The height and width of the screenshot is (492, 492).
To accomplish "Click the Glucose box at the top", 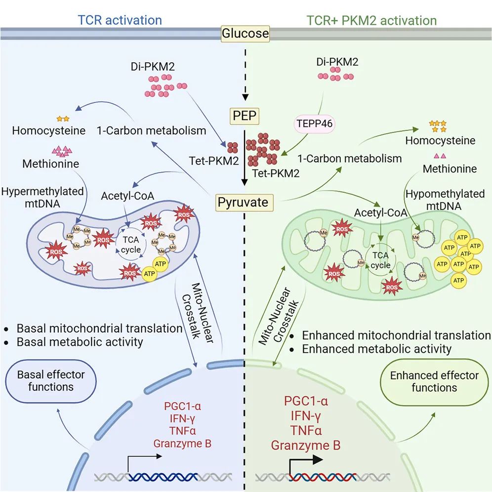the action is pyautogui.click(x=246, y=33).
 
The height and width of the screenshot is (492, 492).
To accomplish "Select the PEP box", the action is pyautogui.click(x=245, y=116).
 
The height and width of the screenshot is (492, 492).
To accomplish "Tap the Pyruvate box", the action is pyautogui.click(x=243, y=203).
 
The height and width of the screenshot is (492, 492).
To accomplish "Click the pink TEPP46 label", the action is pyautogui.click(x=314, y=123).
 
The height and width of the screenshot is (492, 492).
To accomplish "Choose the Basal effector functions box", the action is pyautogui.click(x=51, y=381).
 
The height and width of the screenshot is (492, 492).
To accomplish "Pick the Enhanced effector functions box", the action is pyautogui.click(x=434, y=382).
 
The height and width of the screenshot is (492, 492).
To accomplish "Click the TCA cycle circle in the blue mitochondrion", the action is pyautogui.click(x=131, y=245).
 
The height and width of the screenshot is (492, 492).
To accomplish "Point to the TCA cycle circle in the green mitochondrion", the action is pyautogui.click(x=381, y=260).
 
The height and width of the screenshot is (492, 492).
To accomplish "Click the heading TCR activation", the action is pyautogui.click(x=120, y=20).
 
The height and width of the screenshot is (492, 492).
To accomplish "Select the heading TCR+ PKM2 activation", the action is pyautogui.click(x=371, y=20).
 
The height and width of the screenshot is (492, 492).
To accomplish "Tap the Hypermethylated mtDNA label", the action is pyautogui.click(x=42, y=198).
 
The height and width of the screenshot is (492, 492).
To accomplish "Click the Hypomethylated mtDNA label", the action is pyautogui.click(x=445, y=200).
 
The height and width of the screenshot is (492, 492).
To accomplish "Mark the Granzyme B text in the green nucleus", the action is pyautogui.click(x=306, y=446).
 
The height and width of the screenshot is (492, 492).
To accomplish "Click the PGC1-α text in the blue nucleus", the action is pyautogui.click(x=182, y=407).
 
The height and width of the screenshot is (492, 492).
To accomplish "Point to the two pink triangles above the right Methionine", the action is pyautogui.click(x=440, y=156).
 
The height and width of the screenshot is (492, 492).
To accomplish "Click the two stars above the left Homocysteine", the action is pyautogui.click(x=63, y=119).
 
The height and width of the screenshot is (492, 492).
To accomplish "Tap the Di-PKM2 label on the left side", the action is pyautogui.click(x=153, y=67).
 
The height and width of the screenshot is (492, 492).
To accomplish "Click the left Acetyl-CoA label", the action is pyautogui.click(x=127, y=196).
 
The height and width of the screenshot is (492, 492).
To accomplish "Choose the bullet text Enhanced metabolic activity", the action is pyautogui.click(x=376, y=349).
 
